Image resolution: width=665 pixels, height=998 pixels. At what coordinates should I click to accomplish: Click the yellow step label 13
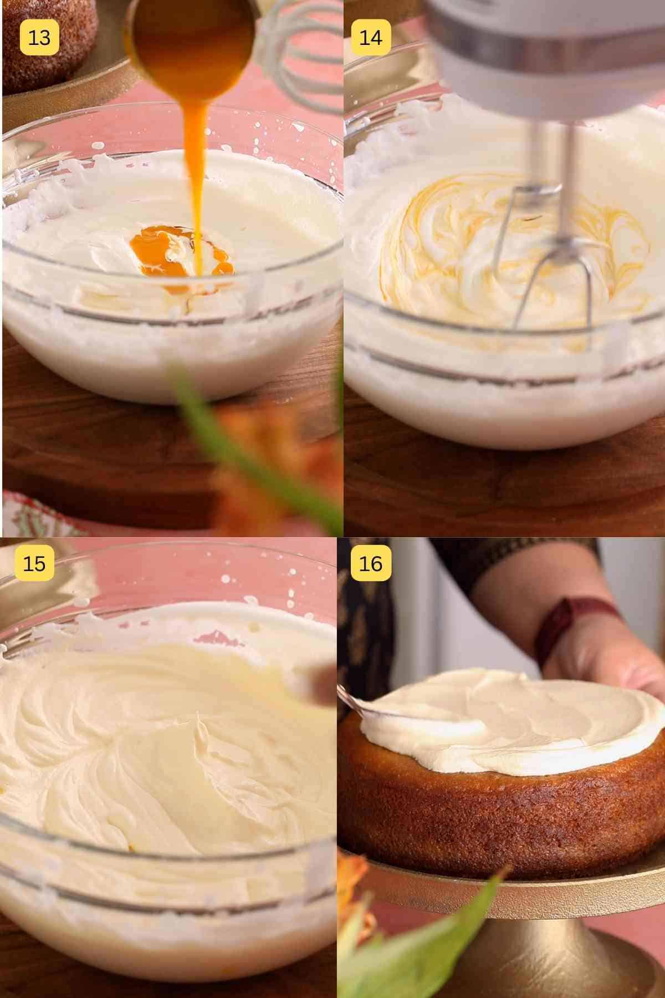coord(39,37)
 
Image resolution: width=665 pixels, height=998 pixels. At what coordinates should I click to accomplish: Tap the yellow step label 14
coord(371,37)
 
